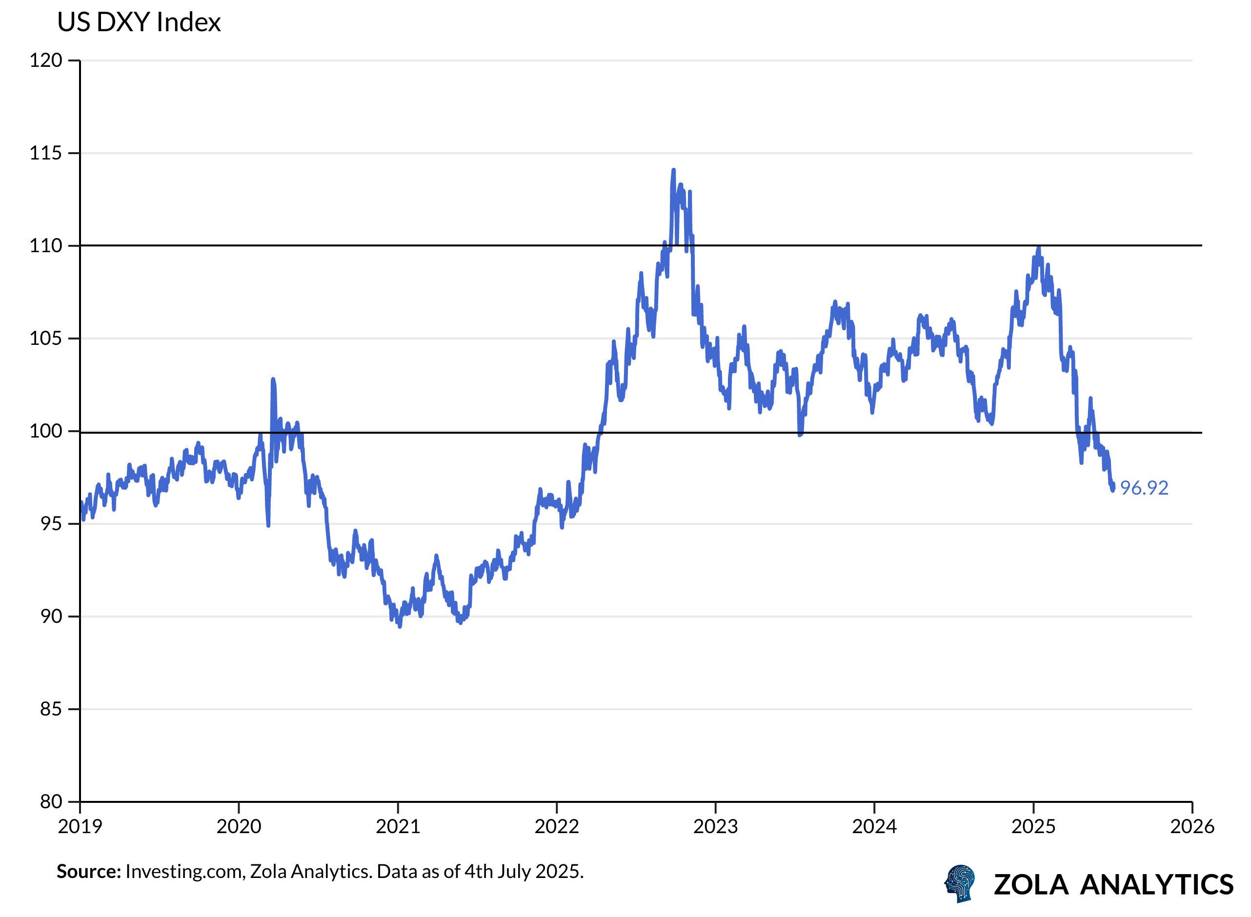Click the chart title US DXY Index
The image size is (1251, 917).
pos(139,23)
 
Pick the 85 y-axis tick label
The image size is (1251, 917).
pos(51,709)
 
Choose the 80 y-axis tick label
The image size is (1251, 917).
pos(51,802)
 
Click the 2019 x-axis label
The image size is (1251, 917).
pos(80,827)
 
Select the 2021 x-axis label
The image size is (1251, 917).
pos(398,827)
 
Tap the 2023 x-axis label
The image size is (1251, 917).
pos(716,827)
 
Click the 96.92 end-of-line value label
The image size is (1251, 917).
pos(1144,488)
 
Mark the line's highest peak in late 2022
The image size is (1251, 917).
pos(673,170)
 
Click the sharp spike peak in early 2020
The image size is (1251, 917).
pos(273,379)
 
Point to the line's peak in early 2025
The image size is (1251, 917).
pos(1038,248)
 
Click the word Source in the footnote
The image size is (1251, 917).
pos(88,872)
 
